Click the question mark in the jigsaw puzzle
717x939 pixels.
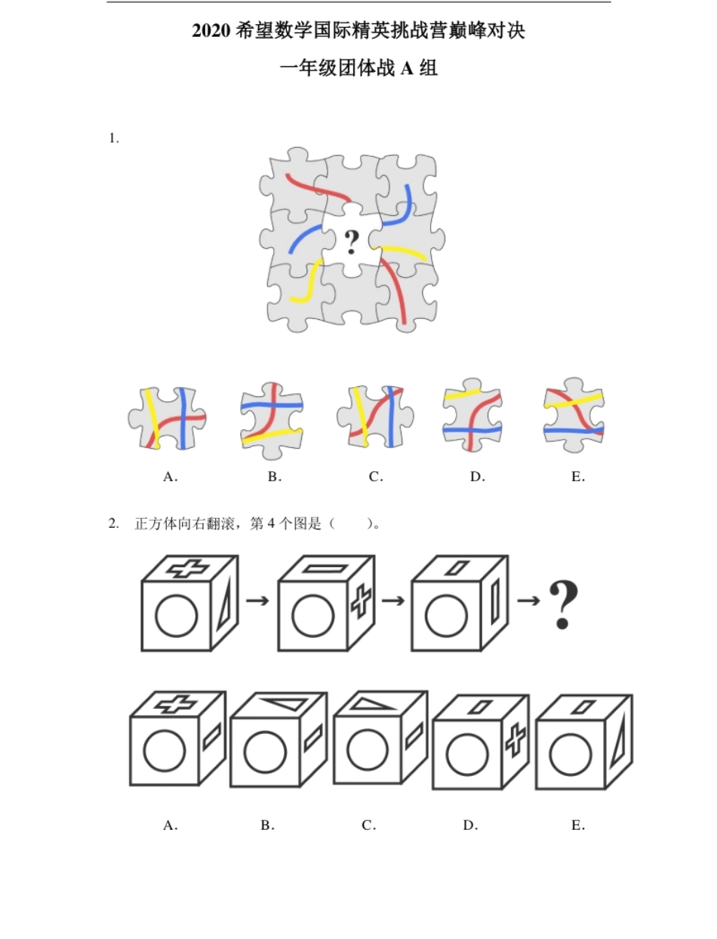tap(352, 242)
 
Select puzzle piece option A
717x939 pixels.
tap(168, 419)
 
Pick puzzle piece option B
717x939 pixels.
tap(272, 421)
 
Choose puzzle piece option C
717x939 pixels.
tap(375, 416)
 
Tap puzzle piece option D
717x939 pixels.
tap(472, 415)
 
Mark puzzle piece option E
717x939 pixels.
tap(574, 415)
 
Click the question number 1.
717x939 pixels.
tap(114, 138)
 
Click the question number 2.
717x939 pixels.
tap(114, 523)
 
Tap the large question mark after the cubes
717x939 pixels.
tap(563, 606)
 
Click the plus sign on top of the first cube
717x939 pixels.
tap(189, 569)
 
